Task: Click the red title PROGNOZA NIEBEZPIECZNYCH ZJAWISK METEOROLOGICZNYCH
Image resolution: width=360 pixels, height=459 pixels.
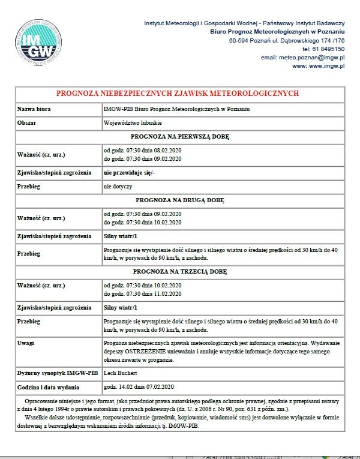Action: pyautogui.click(x=177, y=94)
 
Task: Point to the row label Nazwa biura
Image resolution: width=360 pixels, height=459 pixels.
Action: pyautogui.click(x=34, y=109)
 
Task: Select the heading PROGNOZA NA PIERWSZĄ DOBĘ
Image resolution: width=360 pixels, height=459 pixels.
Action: pyautogui.click(x=179, y=136)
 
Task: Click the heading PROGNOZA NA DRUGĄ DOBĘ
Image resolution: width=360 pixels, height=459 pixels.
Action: pyautogui.click(x=179, y=199)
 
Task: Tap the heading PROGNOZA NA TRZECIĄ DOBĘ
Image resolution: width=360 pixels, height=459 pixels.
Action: pyautogui.click(x=179, y=271)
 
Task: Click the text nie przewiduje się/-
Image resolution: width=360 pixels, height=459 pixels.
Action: pyautogui.click(x=129, y=172)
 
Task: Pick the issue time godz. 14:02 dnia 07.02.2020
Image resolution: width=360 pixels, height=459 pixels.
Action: pyautogui.click(x=139, y=386)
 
